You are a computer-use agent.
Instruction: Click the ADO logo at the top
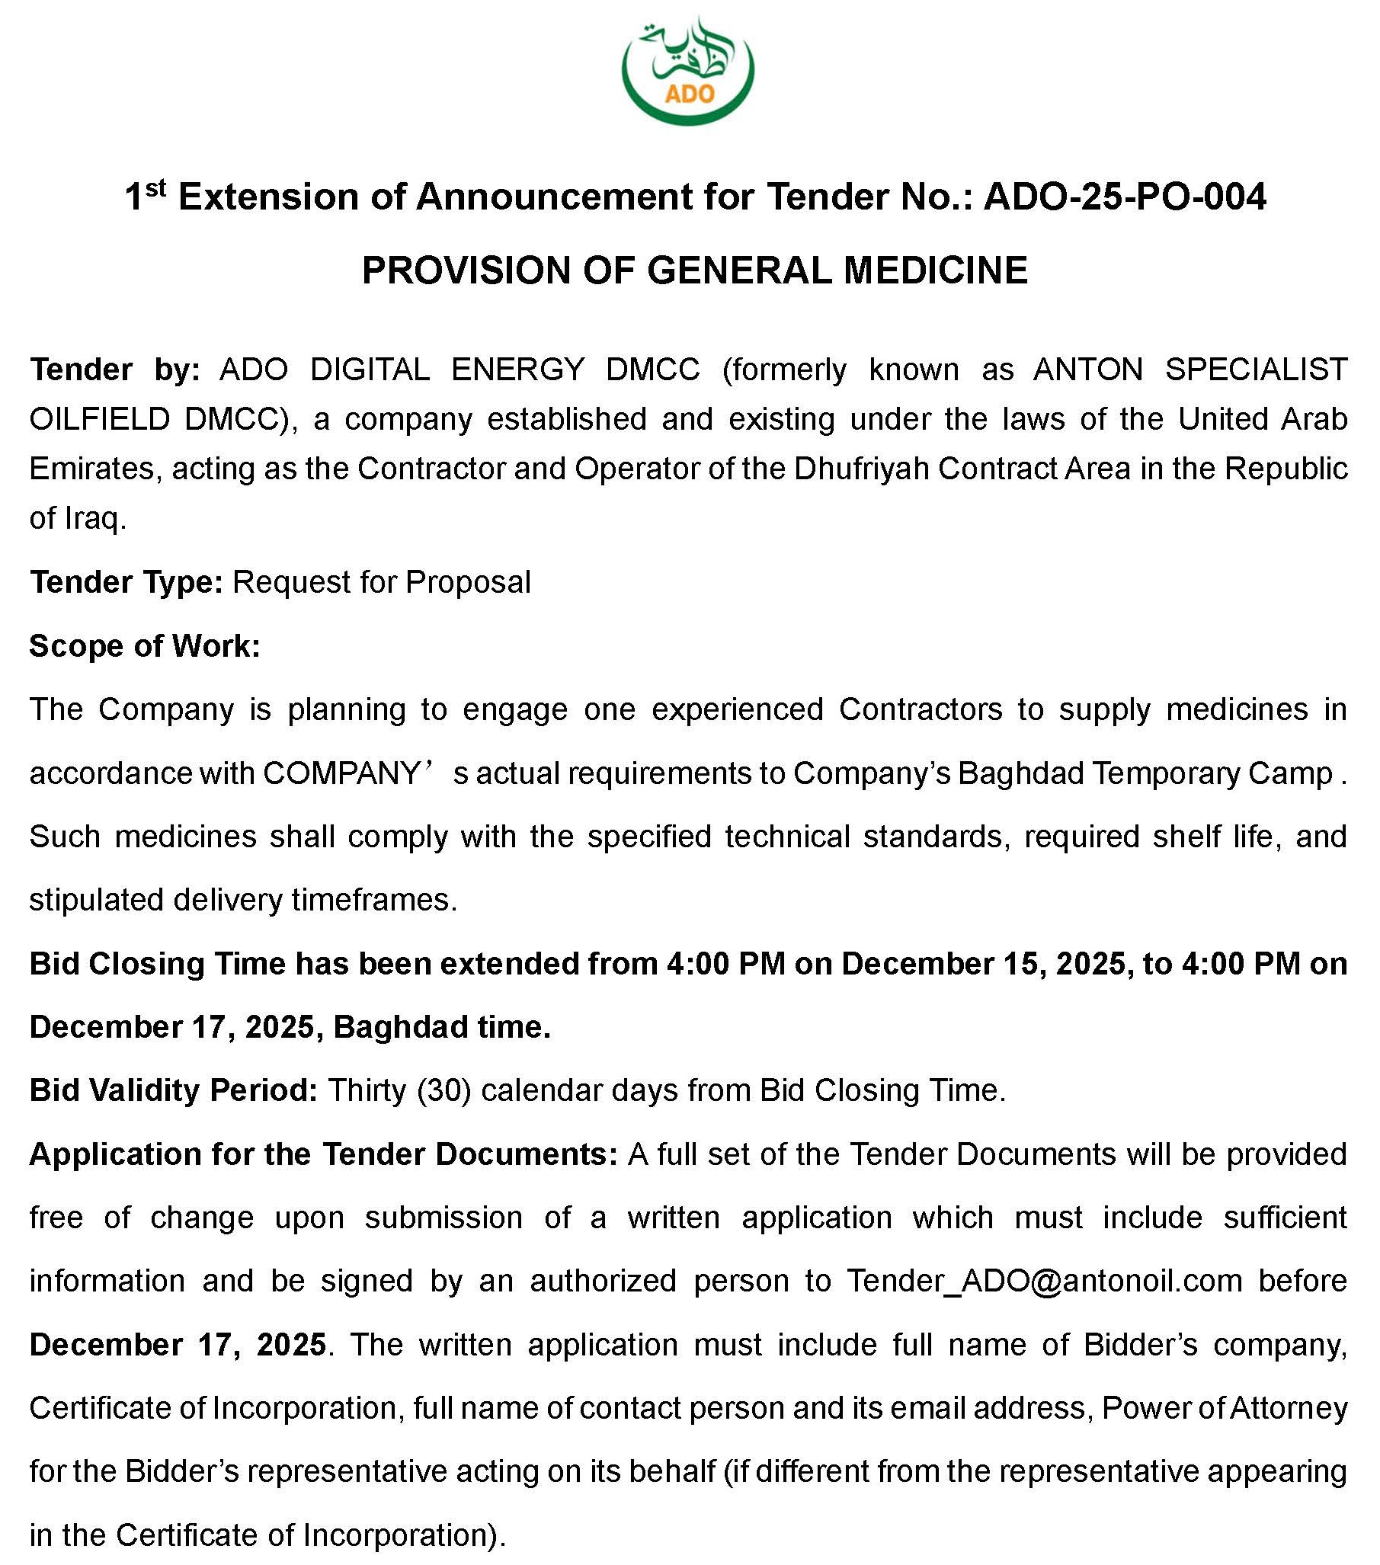click(687, 70)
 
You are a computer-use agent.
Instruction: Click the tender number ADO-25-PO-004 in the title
click(1124, 197)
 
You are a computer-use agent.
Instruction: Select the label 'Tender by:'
click(114, 370)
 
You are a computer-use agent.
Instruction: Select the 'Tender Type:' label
click(126, 582)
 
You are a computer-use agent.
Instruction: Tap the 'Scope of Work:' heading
click(145, 645)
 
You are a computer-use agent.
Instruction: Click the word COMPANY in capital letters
click(340, 773)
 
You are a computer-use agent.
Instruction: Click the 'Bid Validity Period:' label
click(173, 1090)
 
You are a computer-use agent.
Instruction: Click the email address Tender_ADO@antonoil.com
click(1044, 1281)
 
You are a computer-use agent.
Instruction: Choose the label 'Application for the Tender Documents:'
click(323, 1154)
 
